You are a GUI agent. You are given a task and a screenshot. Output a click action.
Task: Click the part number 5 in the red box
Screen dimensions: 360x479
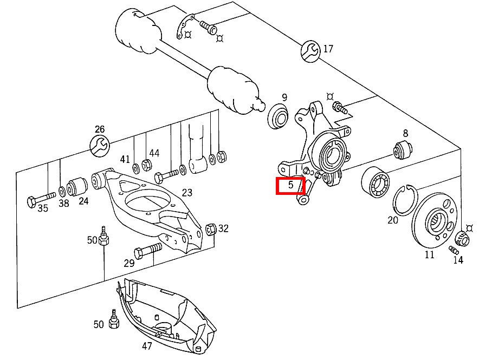tap(290, 185)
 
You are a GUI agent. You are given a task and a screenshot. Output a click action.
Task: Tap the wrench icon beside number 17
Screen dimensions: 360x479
tap(311, 50)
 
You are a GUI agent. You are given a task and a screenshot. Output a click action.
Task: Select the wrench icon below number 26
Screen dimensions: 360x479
tap(100, 146)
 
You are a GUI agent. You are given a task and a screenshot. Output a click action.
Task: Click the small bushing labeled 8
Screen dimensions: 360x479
tap(404, 149)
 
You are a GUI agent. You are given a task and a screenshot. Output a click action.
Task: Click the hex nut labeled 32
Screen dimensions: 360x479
tap(212, 228)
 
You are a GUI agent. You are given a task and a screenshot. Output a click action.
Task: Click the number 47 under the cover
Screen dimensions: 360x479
tap(147, 345)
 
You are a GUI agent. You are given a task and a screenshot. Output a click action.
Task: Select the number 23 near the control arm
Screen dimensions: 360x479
tap(187, 192)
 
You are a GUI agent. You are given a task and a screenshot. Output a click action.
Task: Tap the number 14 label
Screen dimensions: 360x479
tap(458, 260)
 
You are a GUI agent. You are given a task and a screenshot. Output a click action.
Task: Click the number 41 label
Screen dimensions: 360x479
tap(125, 159)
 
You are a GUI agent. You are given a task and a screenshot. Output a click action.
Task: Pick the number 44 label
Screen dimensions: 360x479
tap(154, 153)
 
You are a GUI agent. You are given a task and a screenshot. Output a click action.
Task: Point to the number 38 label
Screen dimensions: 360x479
tap(64, 204)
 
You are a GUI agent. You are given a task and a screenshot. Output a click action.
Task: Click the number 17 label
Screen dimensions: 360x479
tap(328, 49)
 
